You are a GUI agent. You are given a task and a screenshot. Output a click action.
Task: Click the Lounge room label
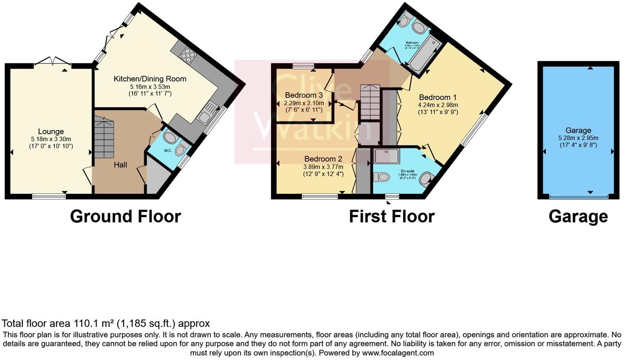[51, 131]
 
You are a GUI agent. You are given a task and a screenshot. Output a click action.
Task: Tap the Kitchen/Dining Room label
[150, 79]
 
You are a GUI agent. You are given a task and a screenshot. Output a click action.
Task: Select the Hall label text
[120, 165]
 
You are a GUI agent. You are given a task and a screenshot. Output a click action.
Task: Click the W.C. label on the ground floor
[168, 151]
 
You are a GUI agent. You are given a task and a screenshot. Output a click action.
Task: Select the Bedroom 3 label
[304, 95]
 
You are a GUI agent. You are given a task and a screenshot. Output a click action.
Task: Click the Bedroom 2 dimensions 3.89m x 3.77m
[323, 167]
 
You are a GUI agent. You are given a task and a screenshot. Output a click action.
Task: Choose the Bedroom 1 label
[438, 97]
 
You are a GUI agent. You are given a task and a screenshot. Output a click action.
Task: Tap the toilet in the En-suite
[381, 177]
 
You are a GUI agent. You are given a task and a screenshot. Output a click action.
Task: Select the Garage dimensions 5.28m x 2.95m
[578, 138]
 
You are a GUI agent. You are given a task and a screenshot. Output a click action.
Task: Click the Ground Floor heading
[125, 216]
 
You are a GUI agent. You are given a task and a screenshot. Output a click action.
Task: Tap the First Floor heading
[392, 216]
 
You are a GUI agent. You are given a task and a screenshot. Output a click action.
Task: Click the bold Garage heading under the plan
[578, 216]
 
